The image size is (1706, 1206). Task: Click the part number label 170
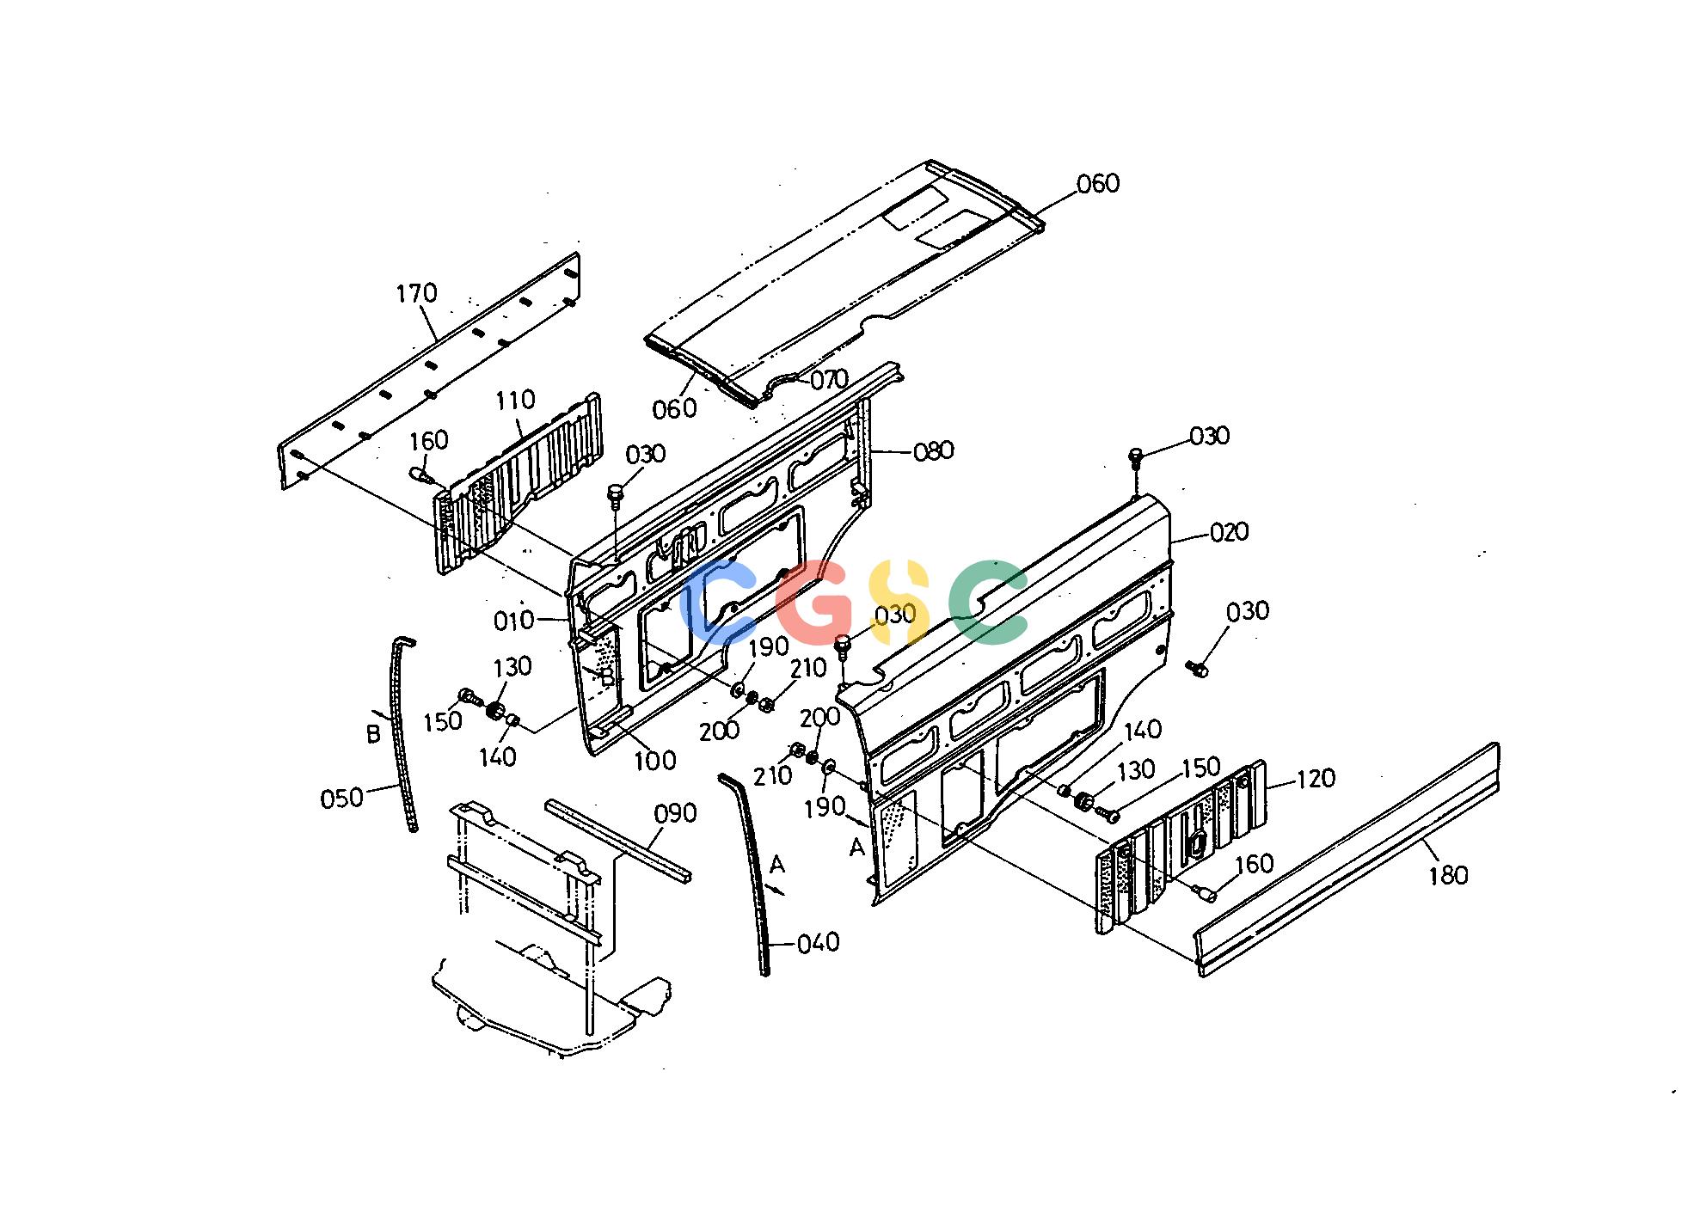(417, 294)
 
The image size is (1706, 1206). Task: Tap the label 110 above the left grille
(516, 400)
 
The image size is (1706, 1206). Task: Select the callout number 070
(830, 379)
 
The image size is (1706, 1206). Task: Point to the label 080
(933, 450)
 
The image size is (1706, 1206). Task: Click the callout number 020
(1229, 533)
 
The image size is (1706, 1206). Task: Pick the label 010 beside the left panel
(514, 621)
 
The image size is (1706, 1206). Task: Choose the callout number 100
(655, 760)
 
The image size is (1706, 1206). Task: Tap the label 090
(676, 813)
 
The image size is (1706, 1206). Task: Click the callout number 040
(819, 943)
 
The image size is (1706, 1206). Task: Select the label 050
(341, 799)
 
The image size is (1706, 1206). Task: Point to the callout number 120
(1316, 779)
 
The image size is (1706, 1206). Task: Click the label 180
(1449, 876)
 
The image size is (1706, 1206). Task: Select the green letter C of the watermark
(989, 602)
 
